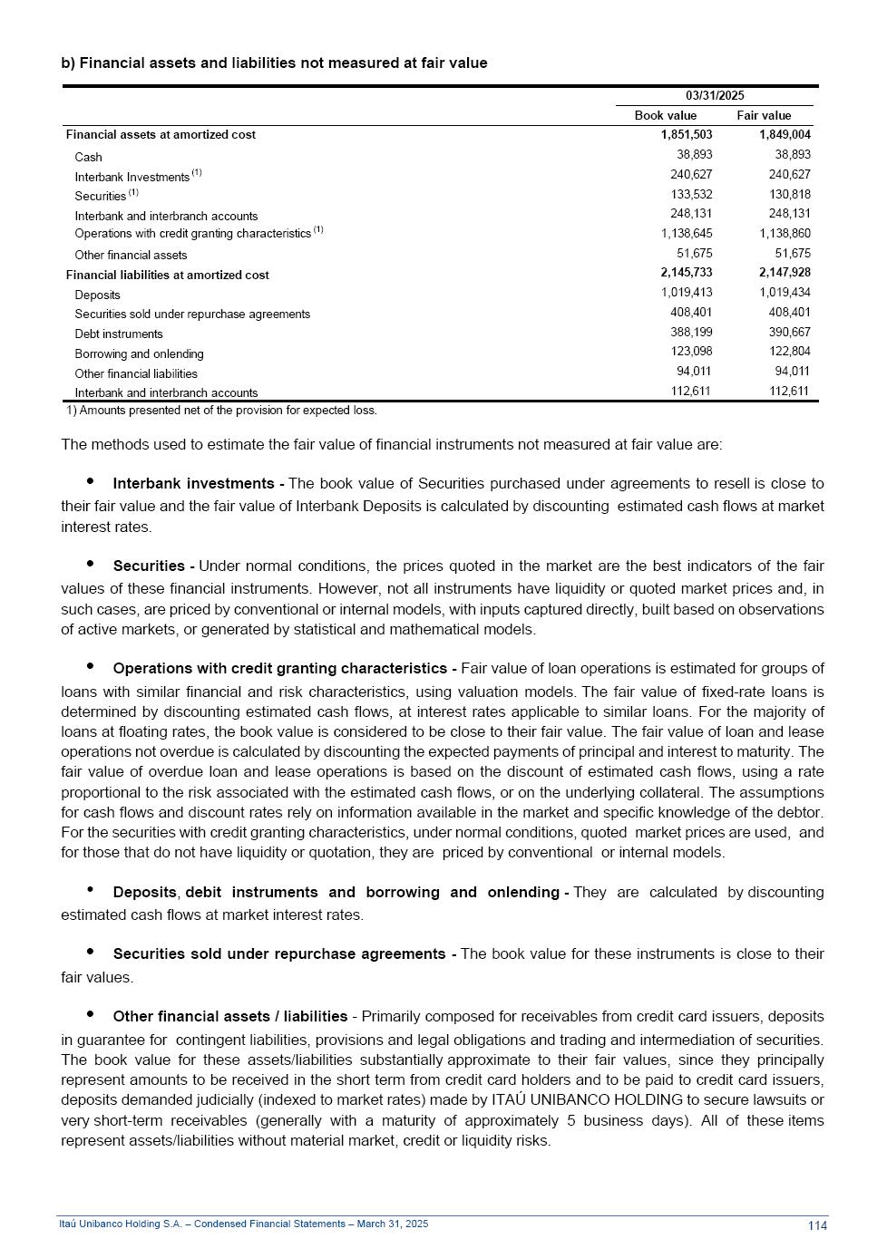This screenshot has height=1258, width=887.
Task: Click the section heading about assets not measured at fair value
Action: tap(274, 63)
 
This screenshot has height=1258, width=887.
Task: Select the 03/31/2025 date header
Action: tap(715, 96)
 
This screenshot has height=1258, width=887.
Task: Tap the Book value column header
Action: tap(666, 116)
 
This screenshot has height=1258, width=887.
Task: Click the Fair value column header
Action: tap(764, 116)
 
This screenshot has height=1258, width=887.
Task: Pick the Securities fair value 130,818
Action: tap(789, 195)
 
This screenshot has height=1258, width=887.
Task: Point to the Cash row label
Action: tap(88, 158)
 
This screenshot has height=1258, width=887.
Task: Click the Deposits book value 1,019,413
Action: tap(687, 293)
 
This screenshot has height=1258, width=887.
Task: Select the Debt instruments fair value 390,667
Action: tap(789, 333)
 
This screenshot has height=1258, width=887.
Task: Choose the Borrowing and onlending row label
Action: tap(139, 354)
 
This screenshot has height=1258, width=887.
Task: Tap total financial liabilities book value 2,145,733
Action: tap(687, 273)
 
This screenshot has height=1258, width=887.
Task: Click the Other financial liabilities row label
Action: tap(136, 374)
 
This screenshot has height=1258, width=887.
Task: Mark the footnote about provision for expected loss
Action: tap(221, 411)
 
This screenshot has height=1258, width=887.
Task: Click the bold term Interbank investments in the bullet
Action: tap(193, 484)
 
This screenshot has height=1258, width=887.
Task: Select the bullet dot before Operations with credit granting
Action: tap(90, 666)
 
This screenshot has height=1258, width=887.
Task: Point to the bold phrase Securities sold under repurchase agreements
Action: tap(278, 954)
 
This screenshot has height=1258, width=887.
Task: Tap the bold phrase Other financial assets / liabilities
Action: tap(230, 1017)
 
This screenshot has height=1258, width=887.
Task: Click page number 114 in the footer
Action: tap(817, 1226)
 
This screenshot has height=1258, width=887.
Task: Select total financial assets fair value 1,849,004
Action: tap(785, 135)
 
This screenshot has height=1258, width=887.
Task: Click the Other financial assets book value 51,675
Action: tap(694, 254)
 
